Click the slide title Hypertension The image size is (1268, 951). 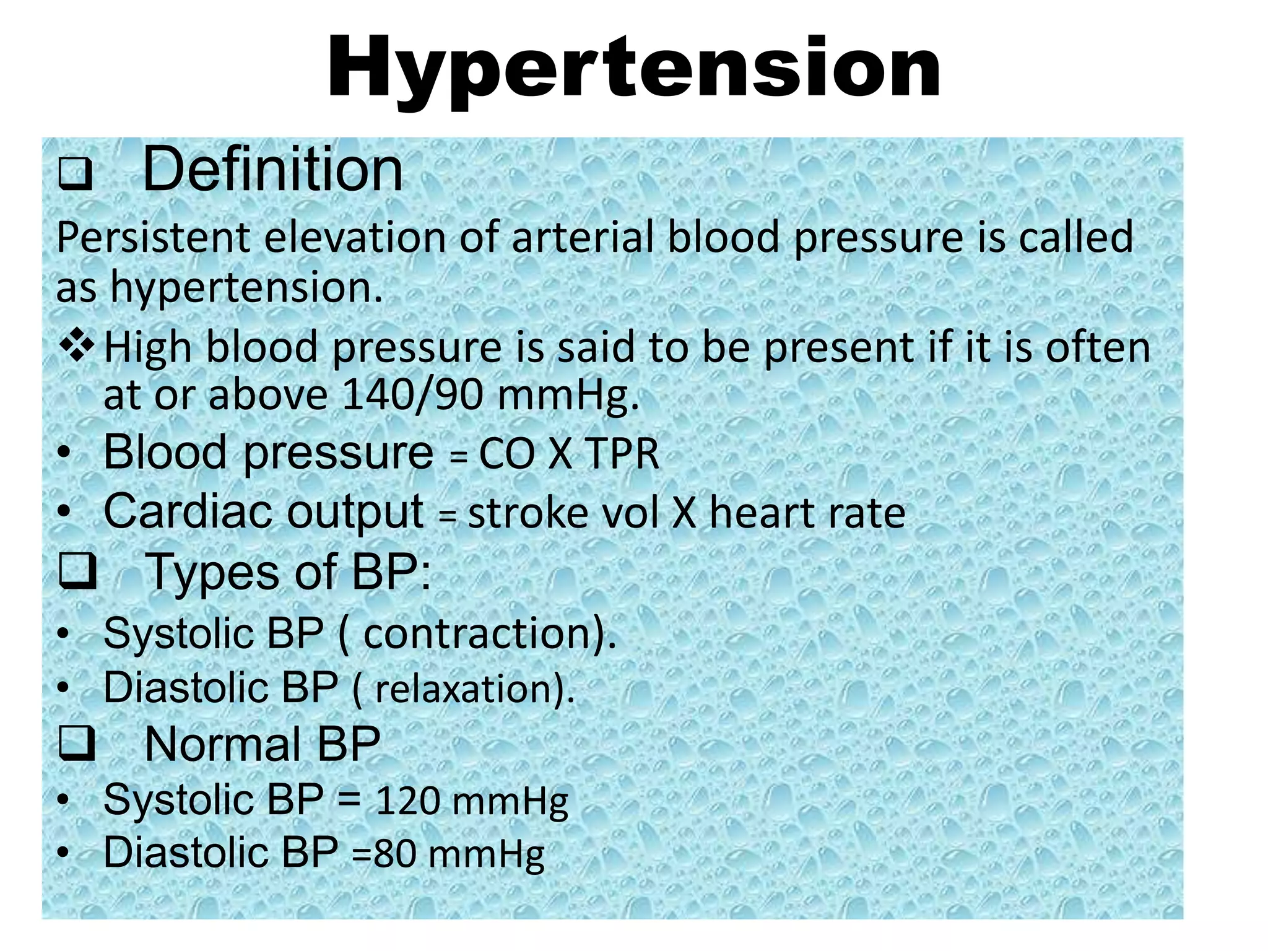pos(633,68)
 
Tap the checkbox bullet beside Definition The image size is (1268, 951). pos(76,175)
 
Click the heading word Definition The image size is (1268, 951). pos(272,170)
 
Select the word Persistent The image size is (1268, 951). pos(154,238)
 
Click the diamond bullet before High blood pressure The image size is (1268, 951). pos(77,345)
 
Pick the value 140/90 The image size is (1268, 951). pos(412,395)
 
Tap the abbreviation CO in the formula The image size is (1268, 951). pos(506,454)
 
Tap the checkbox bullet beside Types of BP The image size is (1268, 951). pos(77,570)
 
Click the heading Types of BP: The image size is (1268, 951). pos(287,571)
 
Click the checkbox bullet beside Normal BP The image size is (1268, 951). pos(77,743)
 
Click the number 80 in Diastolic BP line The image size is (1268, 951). pos(395,854)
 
